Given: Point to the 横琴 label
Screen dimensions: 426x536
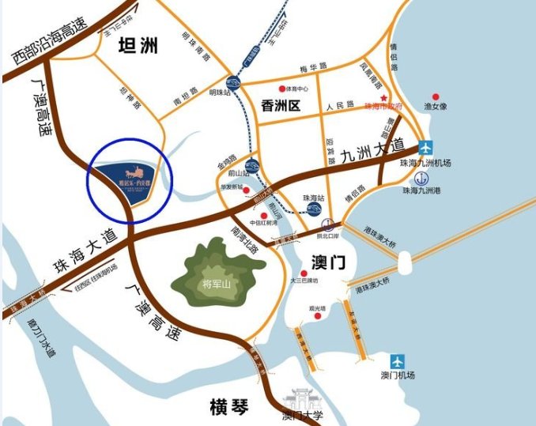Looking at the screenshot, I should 229,407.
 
